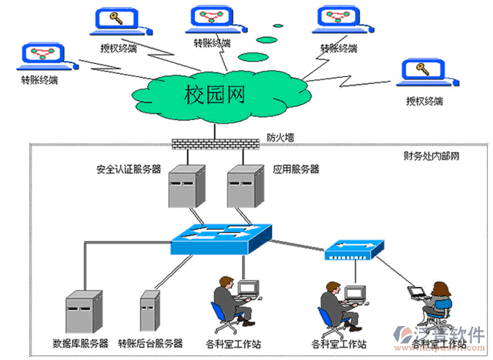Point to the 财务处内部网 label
coord(431,156)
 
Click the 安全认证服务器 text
coord(129,169)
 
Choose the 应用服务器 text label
coord(295,169)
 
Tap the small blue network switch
coord(354,249)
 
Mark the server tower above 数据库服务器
coord(83,311)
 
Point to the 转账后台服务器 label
coord(151,341)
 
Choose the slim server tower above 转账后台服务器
coord(150,311)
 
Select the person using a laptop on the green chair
coord(427,308)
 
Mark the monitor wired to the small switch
coord(354,293)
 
